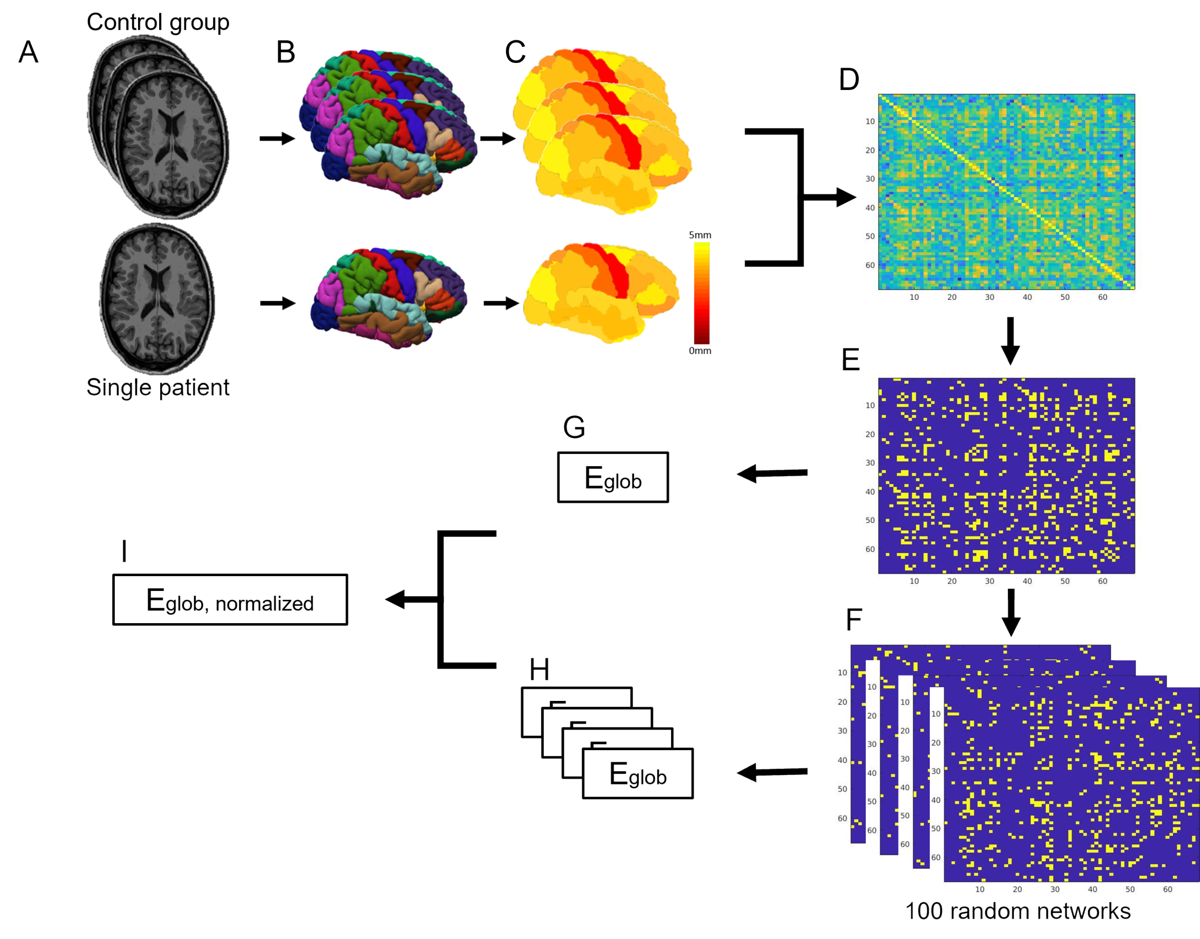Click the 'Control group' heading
pos(158,22)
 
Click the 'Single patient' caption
pos(158,388)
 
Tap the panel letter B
pos(285,52)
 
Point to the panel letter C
pos(515,52)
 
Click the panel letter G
pos(574,427)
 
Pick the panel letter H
pos(539,669)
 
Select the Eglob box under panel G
pos(613,477)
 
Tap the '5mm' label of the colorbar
pos(700,235)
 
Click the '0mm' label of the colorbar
pos(700,351)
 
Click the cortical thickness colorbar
pos(701,293)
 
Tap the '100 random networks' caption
pos(1018,911)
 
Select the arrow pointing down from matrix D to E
pos(1010,341)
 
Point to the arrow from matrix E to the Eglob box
pos(772,473)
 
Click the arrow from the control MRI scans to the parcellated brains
pos(277,139)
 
